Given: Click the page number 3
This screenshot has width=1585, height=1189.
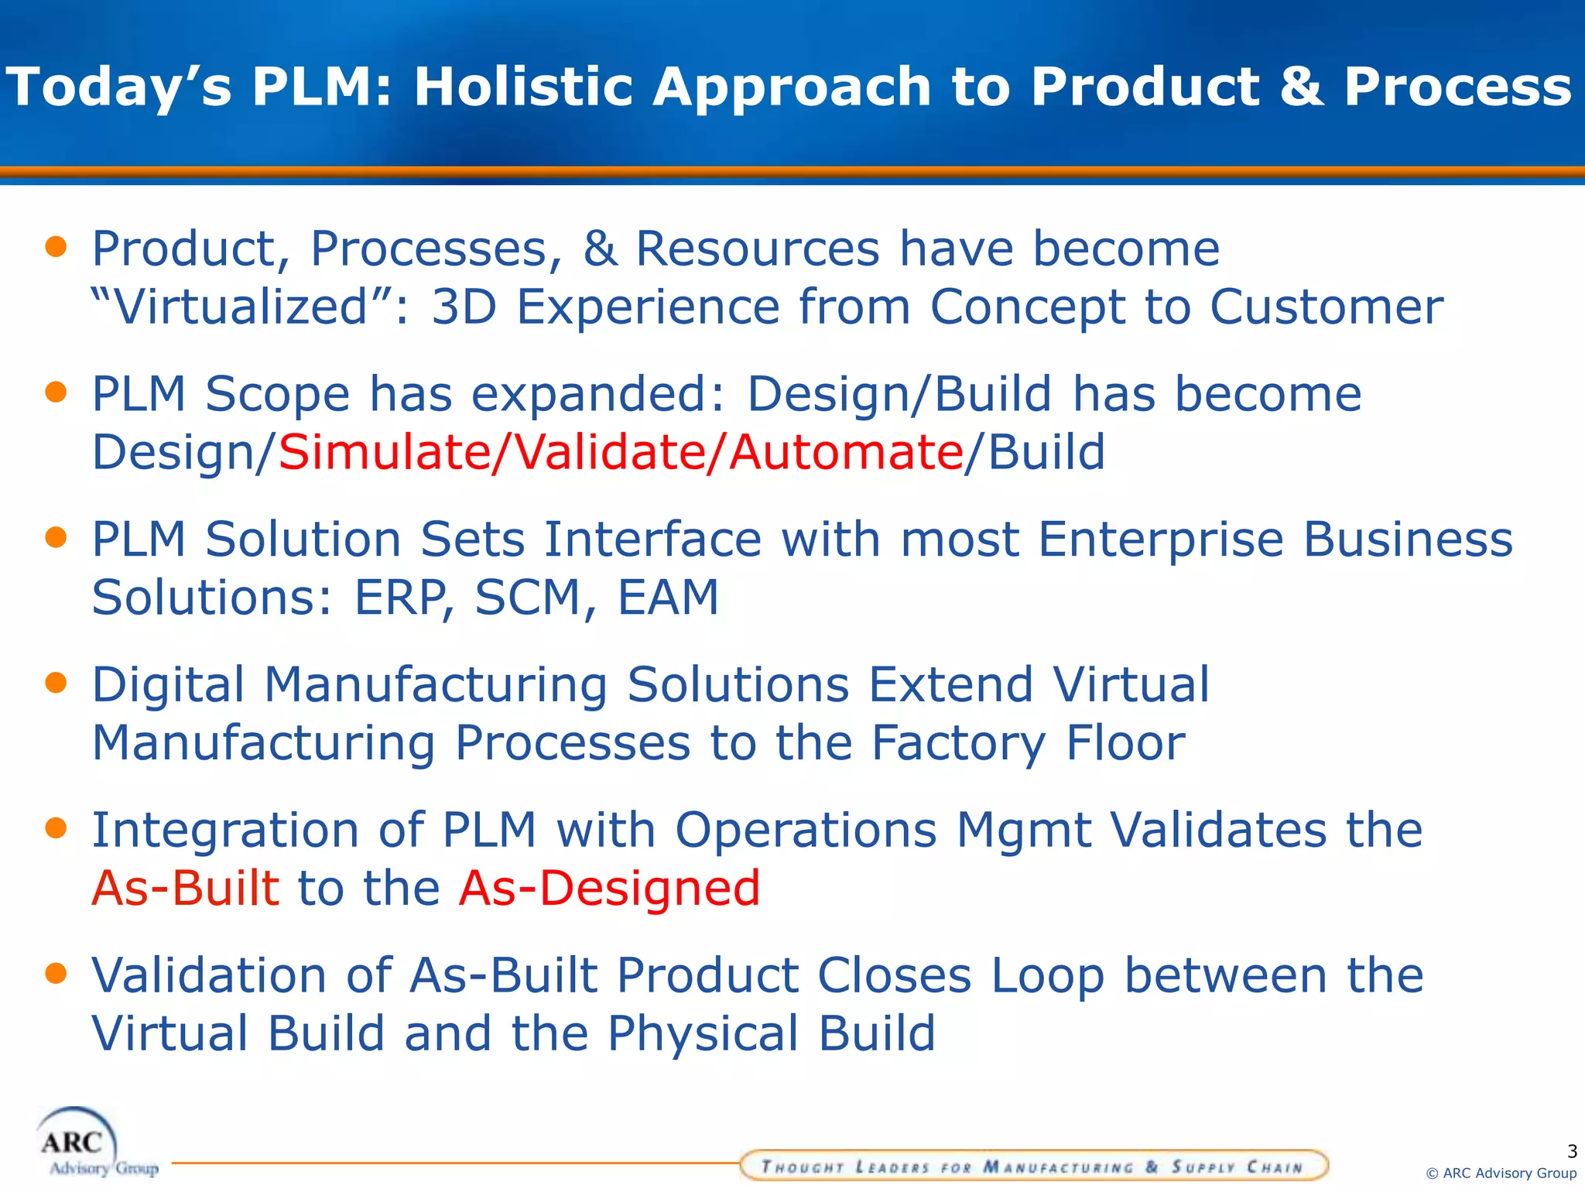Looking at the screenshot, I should coord(1571,1151).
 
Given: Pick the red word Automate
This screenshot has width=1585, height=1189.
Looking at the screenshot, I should coord(845,452).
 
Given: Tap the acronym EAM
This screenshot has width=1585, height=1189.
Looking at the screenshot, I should coord(668,597).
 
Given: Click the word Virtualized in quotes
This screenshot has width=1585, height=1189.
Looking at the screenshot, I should coord(240,307).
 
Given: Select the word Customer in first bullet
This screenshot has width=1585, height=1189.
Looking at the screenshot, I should coord(1326,307).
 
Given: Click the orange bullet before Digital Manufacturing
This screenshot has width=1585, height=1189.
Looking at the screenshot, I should coord(56,682).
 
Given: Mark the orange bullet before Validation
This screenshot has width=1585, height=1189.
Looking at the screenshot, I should coord(56,972).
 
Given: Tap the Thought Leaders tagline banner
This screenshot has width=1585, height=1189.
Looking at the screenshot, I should coord(1033,1166).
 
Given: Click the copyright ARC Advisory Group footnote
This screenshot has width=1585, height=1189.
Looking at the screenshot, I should coord(1501,1174).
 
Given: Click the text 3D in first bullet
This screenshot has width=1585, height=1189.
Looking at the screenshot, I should coord(463,307).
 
